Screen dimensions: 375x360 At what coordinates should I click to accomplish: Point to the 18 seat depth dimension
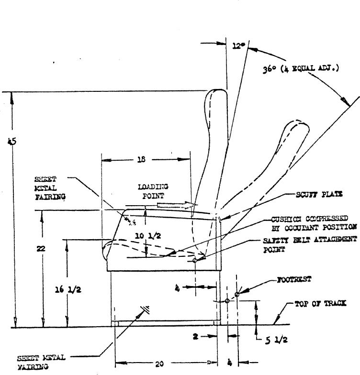point(141,160)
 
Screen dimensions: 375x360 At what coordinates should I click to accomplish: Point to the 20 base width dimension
point(159,364)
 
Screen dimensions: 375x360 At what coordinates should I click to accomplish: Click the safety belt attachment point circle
point(195,261)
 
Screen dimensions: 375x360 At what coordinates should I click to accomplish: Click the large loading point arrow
point(177,205)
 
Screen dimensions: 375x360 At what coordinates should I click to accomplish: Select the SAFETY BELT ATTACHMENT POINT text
point(309,244)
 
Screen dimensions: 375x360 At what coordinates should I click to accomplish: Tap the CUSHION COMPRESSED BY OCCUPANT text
point(314,223)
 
